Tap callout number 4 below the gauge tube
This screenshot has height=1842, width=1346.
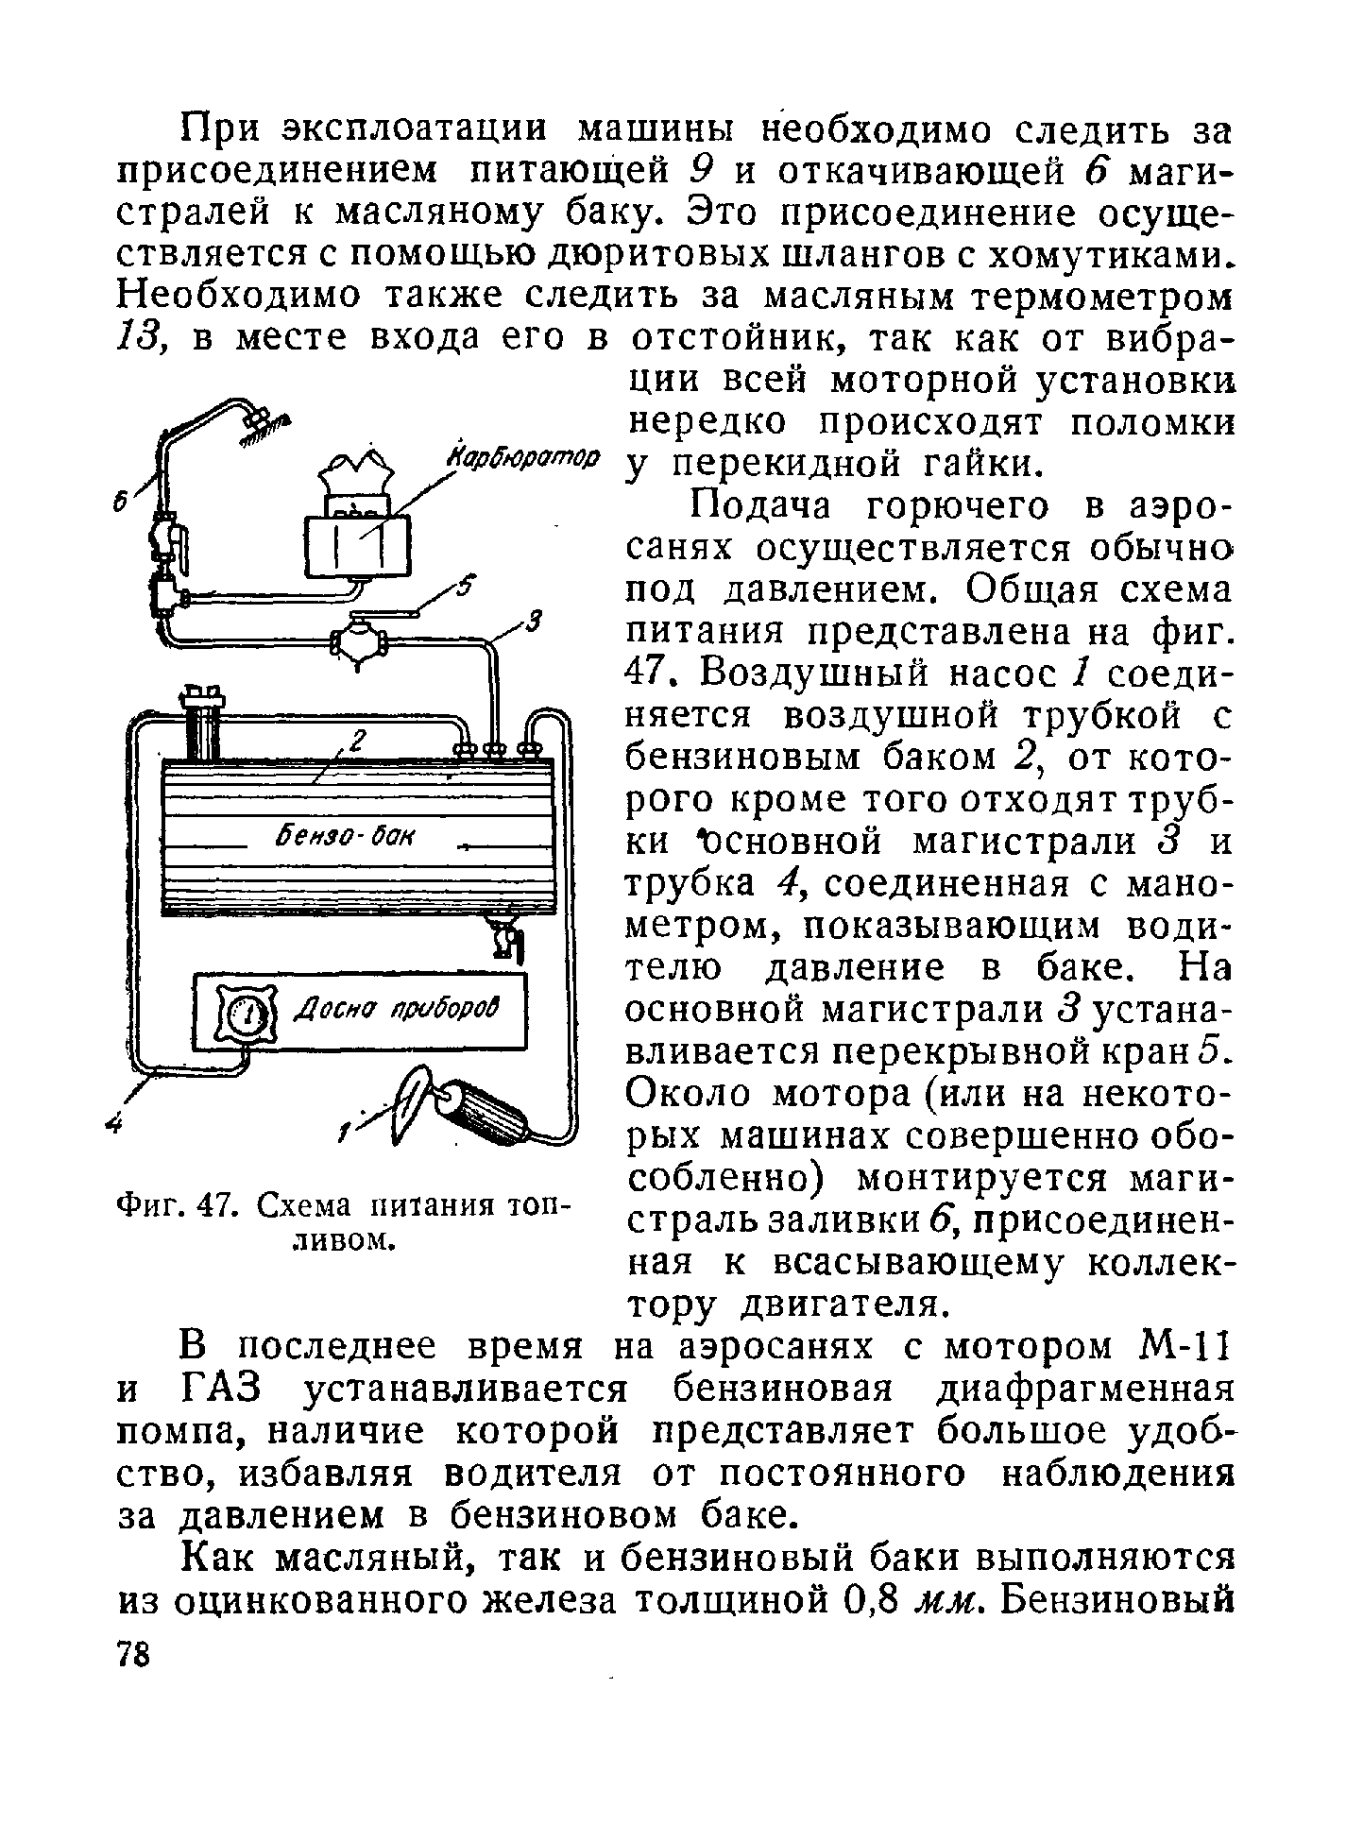click(x=115, y=1122)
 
